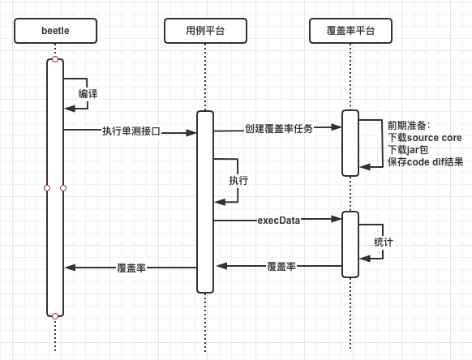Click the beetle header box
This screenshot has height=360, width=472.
[x=55, y=31]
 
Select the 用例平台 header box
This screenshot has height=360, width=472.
[x=206, y=31]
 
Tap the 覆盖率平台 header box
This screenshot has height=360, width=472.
[x=350, y=31]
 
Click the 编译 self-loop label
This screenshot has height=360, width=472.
[x=88, y=94]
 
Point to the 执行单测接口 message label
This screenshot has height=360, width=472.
[x=131, y=131]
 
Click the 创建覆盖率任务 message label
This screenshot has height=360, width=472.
[x=279, y=129]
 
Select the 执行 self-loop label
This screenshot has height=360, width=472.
[x=238, y=181]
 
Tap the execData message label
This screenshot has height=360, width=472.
[x=279, y=221]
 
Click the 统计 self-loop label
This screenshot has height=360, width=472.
[x=384, y=242]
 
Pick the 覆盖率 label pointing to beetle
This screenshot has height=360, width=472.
[x=131, y=268]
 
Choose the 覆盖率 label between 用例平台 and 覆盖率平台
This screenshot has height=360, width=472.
[x=281, y=267]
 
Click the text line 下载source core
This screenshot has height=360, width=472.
[x=425, y=138]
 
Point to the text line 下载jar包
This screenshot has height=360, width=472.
[x=408, y=150]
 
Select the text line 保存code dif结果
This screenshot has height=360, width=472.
[x=425, y=162]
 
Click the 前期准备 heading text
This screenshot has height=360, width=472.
[x=406, y=126]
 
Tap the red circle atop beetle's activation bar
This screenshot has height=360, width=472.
[x=55, y=59]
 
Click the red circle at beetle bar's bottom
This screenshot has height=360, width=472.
[x=55, y=316]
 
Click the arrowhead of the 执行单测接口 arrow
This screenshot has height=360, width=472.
[x=191, y=133]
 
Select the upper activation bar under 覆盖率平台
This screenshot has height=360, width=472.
[x=350, y=143]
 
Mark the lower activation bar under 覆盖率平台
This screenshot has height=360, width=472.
[x=350, y=244]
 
